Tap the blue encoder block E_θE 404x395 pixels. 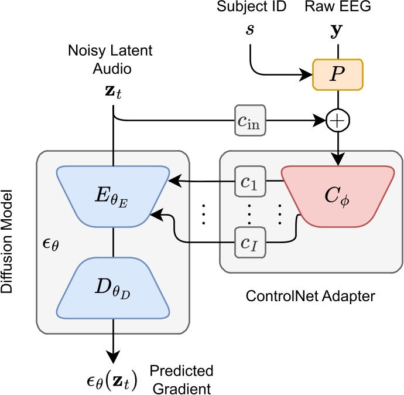pyautogui.click(x=112, y=195)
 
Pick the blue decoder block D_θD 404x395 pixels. pyautogui.click(x=112, y=287)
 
